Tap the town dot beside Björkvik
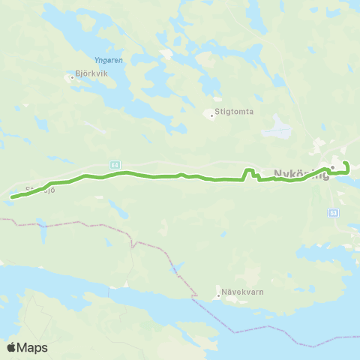tap(70, 76)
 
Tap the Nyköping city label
tap(301, 173)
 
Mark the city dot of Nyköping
tap(332, 169)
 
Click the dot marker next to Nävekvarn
tap(218, 295)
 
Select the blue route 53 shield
tap(333, 212)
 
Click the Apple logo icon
tap(12, 347)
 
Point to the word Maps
tap(33, 347)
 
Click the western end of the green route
tap(11, 198)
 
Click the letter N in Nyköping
tap(278, 173)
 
